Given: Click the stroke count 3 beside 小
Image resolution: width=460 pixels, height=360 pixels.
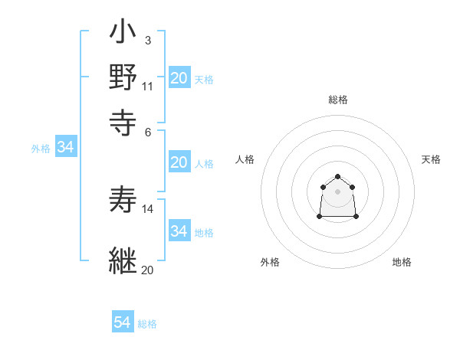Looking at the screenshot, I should point(147,41).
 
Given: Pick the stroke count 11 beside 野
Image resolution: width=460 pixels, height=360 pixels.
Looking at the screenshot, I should point(147,85).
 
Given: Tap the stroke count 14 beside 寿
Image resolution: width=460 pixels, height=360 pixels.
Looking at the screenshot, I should point(148,208).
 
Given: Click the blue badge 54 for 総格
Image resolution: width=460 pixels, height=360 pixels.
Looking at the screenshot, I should point(123,322).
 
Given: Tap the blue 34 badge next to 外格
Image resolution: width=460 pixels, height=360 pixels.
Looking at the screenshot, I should point(65,148).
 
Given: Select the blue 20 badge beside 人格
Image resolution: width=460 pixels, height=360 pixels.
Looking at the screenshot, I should point(179,162).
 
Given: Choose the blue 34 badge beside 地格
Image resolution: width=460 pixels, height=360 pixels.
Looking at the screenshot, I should point(179,231).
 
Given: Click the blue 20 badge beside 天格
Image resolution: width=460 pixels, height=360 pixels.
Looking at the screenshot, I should point(179,78).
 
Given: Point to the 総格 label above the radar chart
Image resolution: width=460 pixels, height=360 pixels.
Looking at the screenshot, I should point(338,100).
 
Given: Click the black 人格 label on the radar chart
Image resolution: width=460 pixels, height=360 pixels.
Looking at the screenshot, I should point(245,159).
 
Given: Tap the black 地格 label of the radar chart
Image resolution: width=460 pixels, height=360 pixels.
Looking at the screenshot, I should point(402,262).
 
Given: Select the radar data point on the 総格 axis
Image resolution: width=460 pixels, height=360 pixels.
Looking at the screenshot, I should point(337,177).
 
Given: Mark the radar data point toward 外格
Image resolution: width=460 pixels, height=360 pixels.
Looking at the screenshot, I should point(320,217).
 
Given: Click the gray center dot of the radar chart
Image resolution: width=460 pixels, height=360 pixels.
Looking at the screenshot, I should point(337,191).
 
